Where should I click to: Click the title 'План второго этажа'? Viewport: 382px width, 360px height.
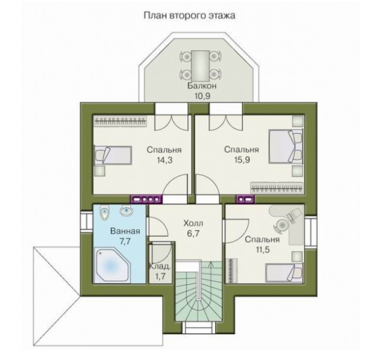189,16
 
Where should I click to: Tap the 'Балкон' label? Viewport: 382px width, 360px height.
202,86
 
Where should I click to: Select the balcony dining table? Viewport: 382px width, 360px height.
200,65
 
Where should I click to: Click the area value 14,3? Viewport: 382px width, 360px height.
165,160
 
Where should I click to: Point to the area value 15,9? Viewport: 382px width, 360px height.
242,160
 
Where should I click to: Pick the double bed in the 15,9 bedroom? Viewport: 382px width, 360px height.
286,146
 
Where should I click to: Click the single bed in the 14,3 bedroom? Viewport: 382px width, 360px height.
113,155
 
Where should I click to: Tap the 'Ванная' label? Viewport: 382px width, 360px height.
125,231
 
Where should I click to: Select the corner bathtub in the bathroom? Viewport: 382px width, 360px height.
113,265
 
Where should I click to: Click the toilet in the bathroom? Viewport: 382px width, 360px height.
105,212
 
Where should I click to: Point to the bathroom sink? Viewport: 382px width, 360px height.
126,210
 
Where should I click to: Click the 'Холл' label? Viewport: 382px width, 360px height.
193,223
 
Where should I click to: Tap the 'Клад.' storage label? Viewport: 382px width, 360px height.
160,266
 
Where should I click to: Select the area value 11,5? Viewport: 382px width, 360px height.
262,250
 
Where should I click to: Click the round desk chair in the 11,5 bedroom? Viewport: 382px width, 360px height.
282,224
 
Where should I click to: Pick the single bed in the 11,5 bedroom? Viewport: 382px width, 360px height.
284,273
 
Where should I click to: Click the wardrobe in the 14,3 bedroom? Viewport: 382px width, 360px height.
120,121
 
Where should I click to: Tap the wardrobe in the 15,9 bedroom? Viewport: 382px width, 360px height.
277,188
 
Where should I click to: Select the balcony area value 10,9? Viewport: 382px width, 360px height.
202,96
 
